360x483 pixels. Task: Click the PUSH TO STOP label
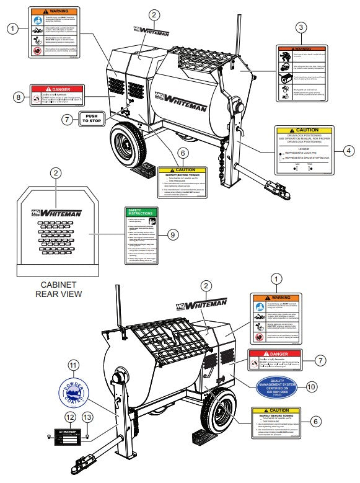tap(92, 119)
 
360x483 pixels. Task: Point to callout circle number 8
tap(19, 97)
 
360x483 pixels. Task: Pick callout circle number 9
tap(173, 234)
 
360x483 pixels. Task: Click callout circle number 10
tap(311, 386)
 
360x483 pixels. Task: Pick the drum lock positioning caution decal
tap(304, 151)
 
